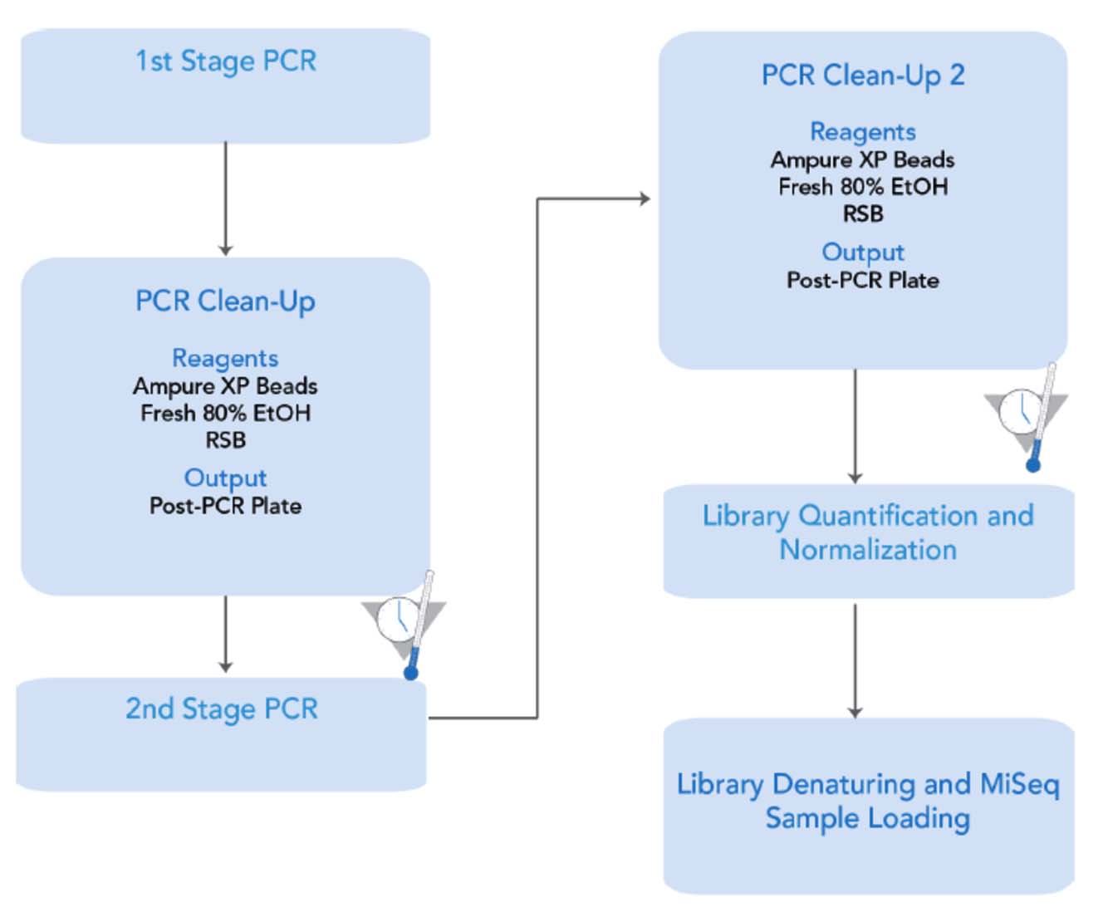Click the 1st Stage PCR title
pos(225,61)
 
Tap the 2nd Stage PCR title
pos(222,709)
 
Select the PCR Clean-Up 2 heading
pos(863,76)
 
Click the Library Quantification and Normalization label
pos(868,532)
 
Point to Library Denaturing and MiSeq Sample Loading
pos(868,801)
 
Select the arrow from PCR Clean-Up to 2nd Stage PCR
pos(225,633)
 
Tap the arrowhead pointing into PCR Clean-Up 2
pos(643,199)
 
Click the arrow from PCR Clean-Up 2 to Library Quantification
pos(855,425)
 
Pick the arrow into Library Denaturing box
pos(855,660)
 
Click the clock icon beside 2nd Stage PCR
pos(396,618)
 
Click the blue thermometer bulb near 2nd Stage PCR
pos(411,671)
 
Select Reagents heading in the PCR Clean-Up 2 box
pos(863,131)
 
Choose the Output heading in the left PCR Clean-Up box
pos(225,478)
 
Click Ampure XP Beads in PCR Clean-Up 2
pos(863,159)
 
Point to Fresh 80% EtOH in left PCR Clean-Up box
pos(225,413)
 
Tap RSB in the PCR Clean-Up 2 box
pos(863,214)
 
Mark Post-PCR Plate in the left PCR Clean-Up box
pos(225,506)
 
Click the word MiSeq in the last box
pos(1020,783)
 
